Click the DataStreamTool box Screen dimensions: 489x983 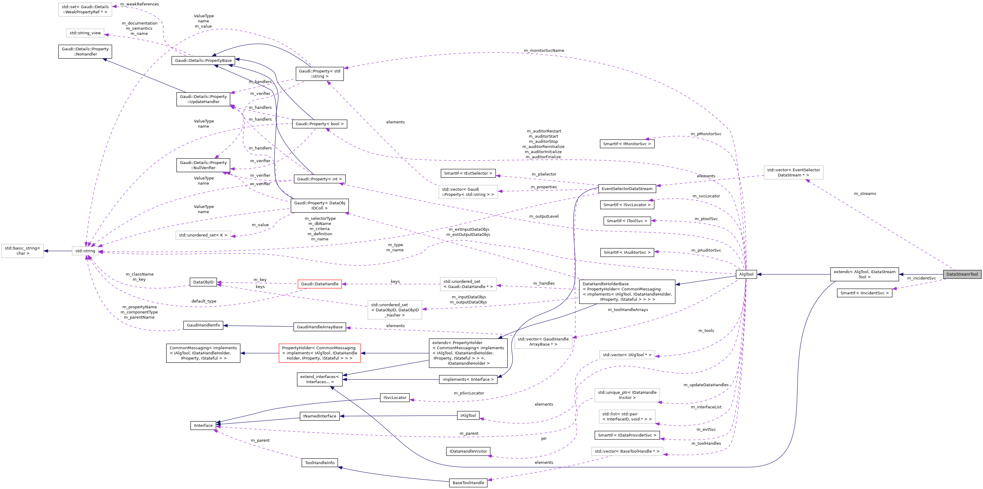point(961,274)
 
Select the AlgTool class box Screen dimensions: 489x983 point(746,274)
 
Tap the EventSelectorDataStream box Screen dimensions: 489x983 point(627,189)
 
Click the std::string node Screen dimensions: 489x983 point(85,251)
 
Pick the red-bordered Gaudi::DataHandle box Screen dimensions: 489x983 point(319,284)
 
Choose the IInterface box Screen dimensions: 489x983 point(203,425)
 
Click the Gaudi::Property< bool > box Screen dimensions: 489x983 point(319,124)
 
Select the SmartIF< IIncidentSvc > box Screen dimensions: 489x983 point(864,293)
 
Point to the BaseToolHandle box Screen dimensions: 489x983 point(468,483)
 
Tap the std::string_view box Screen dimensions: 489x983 point(85,33)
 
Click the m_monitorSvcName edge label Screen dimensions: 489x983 point(544,50)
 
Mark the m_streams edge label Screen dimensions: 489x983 point(865,193)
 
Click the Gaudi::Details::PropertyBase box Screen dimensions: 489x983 point(203,60)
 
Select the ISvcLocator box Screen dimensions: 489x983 point(395,397)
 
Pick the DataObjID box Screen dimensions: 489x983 point(203,282)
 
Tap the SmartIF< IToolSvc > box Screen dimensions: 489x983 point(627,221)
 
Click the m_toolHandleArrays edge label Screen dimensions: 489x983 point(628,310)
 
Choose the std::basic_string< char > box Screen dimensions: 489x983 point(22,250)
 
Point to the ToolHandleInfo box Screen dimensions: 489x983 point(319,463)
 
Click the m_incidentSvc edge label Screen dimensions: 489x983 point(921,278)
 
